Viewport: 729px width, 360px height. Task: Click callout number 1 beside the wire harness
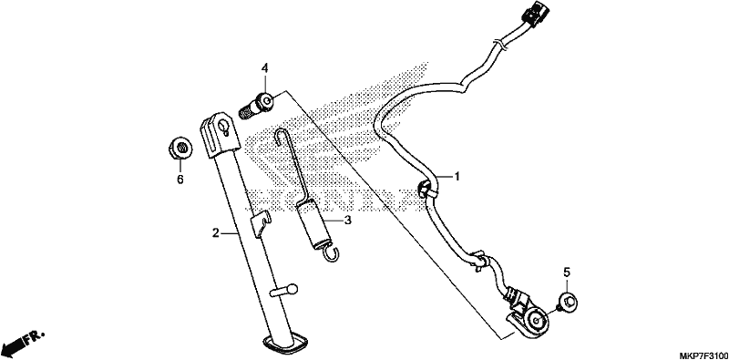point(457,177)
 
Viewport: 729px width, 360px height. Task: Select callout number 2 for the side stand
point(215,233)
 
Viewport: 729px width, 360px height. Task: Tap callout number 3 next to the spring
point(347,220)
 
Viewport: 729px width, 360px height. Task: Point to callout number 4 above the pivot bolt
point(264,69)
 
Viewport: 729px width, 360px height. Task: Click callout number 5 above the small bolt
point(567,273)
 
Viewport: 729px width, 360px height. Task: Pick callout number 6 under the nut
point(180,179)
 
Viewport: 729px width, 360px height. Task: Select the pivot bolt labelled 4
point(256,107)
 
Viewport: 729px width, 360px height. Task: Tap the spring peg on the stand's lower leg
point(283,291)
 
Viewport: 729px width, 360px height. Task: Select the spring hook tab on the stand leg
point(261,223)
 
